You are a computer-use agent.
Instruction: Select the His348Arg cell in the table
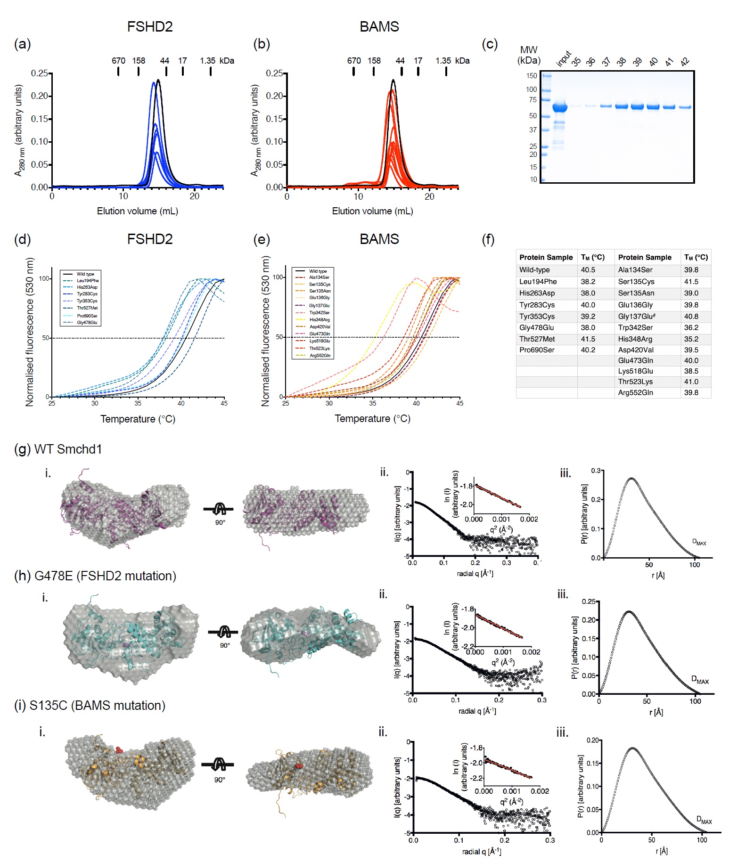click(635, 339)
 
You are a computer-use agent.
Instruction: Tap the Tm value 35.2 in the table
click(691, 339)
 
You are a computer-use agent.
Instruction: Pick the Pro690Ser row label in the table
click(537, 350)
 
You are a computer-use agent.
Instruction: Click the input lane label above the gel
click(564, 58)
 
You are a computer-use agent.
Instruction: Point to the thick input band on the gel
click(559, 107)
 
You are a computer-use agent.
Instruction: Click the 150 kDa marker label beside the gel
click(532, 75)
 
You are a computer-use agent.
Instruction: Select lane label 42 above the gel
click(685, 61)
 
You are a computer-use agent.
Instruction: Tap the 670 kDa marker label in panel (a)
click(118, 61)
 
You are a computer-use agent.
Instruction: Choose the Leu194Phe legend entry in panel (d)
click(88, 280)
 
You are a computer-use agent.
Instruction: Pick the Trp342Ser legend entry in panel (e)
click(319, 312)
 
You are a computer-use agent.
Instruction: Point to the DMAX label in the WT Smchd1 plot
click(699, 542)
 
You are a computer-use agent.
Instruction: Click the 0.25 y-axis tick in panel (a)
click(39, 73)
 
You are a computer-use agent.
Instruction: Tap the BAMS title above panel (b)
click(379, 27)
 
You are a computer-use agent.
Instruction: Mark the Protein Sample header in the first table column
click(546, 257)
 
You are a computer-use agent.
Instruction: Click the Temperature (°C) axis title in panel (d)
click(138, 419)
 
